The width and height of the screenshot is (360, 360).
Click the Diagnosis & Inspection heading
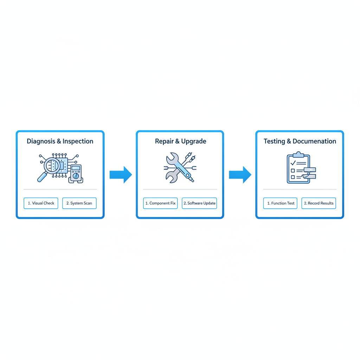[60, 141]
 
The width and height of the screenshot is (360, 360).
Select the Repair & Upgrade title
[180, 141]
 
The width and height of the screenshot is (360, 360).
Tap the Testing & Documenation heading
[300, 141]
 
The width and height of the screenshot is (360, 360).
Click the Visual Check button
[41, 203]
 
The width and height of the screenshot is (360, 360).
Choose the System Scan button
[79, 203]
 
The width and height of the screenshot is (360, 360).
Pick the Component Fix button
[160, 203]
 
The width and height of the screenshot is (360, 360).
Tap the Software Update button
[199, 203]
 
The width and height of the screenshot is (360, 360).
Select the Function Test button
[280, 203]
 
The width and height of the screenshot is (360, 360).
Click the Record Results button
[319, 203]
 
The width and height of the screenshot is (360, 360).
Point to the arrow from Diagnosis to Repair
[121, 175]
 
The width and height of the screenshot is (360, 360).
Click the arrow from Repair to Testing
[240, 175]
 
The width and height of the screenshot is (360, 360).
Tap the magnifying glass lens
[52, 165]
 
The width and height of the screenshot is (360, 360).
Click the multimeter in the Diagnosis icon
[76, 174]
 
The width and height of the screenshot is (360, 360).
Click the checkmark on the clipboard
[293, 163]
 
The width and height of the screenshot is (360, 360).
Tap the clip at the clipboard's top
[298, 154]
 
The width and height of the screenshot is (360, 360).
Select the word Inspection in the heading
[78, 141]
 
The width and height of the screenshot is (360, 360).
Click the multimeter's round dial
[76, 176]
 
